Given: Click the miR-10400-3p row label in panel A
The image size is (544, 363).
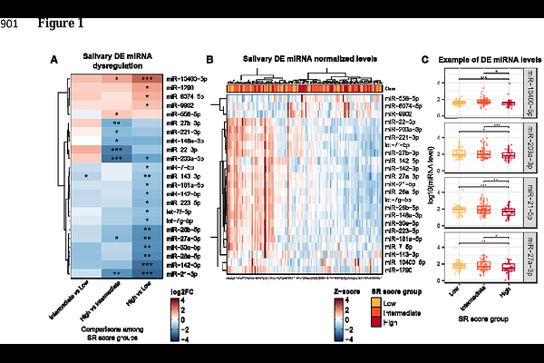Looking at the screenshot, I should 189,79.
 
